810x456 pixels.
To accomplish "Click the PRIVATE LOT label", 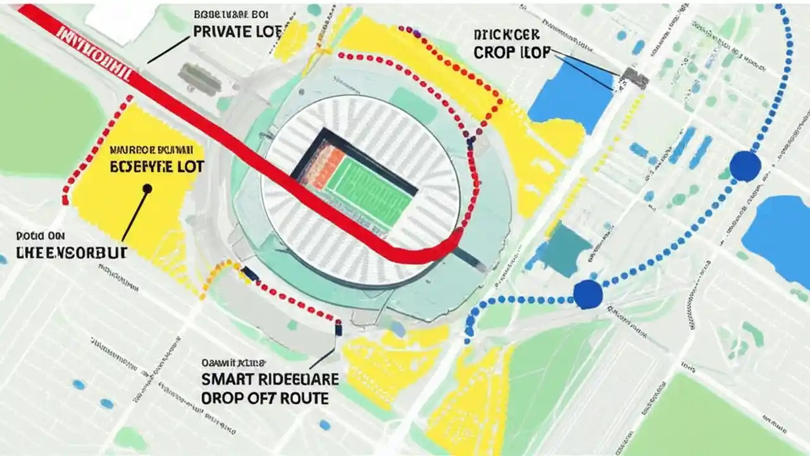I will point(237,32).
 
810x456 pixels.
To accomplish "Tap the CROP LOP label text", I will point(512,53).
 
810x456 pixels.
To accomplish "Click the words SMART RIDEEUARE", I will point(270,379).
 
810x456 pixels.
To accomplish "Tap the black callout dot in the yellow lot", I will point(147,188).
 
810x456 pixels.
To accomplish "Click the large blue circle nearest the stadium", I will point(588,294).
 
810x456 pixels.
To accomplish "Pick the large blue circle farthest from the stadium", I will point(745,166).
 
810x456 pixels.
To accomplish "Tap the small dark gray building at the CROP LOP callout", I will point(635,78).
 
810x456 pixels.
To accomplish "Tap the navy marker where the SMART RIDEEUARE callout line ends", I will point(339,329).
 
